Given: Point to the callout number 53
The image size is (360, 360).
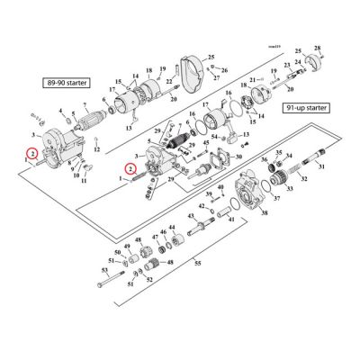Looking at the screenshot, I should (103, 269).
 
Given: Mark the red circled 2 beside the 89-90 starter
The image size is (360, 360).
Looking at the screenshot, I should (31, 154).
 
